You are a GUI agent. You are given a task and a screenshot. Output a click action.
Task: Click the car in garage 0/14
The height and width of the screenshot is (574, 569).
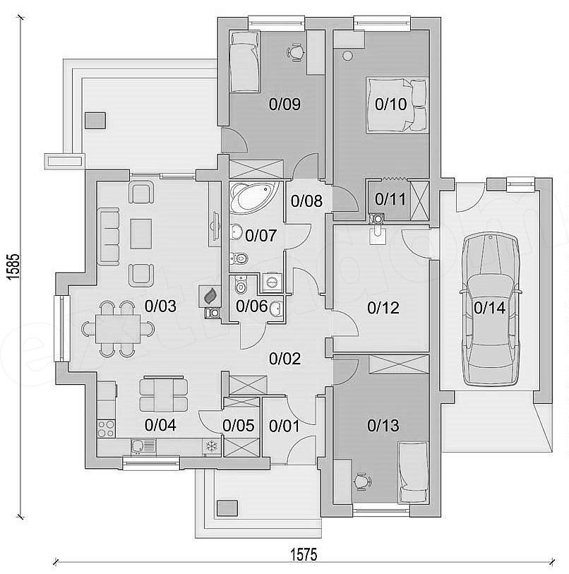coord(490,309)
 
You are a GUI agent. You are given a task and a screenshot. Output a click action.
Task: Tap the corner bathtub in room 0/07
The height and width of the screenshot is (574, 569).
coord(253,196)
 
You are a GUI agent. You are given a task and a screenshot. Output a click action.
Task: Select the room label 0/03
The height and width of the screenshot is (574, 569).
coord(160,306)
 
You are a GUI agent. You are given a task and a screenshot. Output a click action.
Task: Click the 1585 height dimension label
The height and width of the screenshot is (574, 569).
coord(14,268)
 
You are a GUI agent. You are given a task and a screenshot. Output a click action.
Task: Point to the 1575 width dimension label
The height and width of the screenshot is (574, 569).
coord(304,554)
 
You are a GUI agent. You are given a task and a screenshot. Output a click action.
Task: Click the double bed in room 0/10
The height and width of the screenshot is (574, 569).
coord(397,104)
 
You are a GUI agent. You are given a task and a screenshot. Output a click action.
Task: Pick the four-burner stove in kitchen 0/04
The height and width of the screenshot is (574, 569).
coord(106,429)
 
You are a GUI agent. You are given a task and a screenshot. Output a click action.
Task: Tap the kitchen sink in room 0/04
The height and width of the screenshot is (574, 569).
coord(143,446)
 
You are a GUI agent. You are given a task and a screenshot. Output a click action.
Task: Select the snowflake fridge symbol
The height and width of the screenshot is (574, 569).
coord(212,446)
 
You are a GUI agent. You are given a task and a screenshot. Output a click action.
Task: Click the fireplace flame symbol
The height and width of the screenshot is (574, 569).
coord(210,296)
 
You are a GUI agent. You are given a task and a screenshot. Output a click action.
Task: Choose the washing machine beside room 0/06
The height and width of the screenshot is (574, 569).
coord(272,282)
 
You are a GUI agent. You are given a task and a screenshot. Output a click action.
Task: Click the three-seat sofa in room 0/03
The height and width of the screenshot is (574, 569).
coord(109,237)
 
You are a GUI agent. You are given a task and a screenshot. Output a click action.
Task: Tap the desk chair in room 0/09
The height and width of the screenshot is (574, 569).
coord(296,52)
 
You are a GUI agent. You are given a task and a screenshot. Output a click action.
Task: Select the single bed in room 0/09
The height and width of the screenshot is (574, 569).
coord(244,61)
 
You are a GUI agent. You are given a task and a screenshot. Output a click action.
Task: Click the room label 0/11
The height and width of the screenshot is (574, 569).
coord(390,199)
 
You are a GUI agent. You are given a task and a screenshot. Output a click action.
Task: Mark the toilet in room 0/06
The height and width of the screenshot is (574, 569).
coord(241,285)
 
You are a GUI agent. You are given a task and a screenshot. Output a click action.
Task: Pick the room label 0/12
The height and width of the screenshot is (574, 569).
coord(383,308)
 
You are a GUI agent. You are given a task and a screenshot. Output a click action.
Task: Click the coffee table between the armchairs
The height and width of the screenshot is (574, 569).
coord(141,234)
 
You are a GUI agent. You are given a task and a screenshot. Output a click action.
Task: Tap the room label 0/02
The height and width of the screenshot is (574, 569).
coord(285,359)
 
